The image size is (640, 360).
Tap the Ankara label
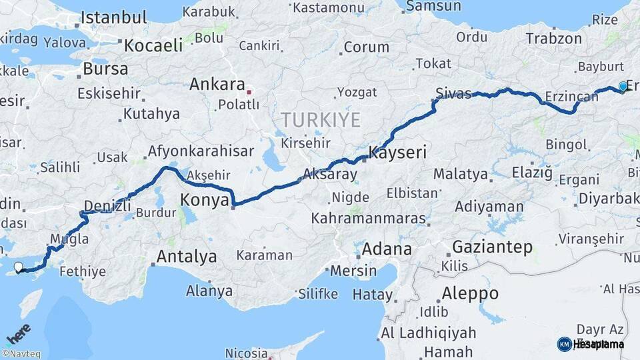[x=217, y=85]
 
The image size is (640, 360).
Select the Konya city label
[x=205, y=199]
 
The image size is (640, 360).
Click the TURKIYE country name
[x=320, y=121]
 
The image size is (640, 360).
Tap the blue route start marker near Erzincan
[x=623, y=86]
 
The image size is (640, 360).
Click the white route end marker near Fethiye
[x=18, y=267]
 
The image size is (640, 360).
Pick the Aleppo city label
[x=470, y=293]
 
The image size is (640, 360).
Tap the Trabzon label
[x=553, y=39]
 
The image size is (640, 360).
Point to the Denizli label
[x=108, y=205]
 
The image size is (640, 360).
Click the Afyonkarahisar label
[x=201, y=151]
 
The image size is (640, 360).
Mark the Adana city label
[x=387, y=249]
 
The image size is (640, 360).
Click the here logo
[x=18, y=333]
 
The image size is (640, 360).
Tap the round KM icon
[x=564, y=344]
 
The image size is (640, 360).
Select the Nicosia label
[x=247, y=352]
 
